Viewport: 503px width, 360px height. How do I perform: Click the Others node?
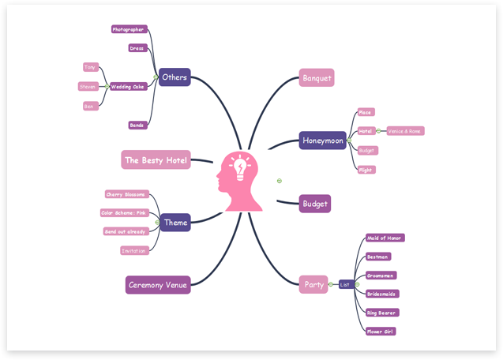[174, 77]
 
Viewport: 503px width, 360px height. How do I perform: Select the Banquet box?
[317, 77]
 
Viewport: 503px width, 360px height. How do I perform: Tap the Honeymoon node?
[323, 141]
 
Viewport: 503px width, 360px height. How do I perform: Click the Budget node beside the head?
[314, 204]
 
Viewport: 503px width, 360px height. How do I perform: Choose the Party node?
[313, 284]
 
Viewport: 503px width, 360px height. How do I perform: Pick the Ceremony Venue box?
[158, 284]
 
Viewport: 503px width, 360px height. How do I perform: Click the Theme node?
[175, 223]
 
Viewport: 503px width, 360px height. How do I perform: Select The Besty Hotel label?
[156, 160]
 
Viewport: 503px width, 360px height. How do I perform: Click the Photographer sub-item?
[128, 29]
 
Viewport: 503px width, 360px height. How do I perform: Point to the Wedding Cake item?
[127, 87]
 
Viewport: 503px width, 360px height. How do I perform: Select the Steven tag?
[88, 87]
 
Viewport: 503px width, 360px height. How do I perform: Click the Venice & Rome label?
[404, 131]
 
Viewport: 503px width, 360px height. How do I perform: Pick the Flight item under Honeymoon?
[366, 170]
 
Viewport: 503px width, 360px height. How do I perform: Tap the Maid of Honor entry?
[385, 238]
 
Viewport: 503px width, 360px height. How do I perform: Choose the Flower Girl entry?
[380, 332]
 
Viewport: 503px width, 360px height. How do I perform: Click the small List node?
[346, 284]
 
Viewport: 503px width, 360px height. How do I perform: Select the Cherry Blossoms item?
[126, 194]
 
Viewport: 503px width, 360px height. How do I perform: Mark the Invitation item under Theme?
[133, 250]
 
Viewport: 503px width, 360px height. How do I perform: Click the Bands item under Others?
[137, 126]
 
